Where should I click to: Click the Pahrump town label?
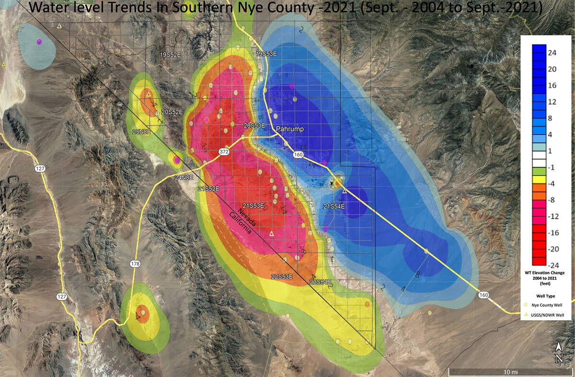(289, 130)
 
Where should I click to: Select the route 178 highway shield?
(136, 263)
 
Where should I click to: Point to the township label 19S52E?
(170, 55)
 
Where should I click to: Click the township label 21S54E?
(334, 206)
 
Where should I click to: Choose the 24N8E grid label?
(184, 177)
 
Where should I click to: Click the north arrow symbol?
(559, 353)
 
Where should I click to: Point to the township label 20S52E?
(172, 112)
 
